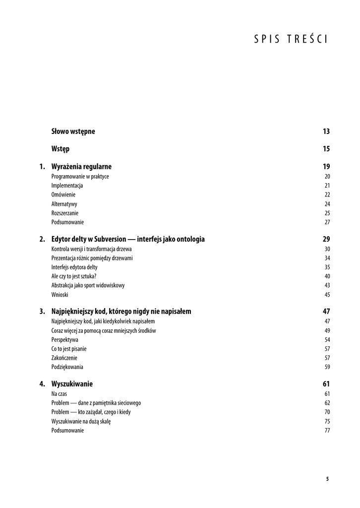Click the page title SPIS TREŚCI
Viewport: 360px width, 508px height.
click(291, 40)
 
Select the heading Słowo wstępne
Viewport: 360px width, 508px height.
click(73, 131)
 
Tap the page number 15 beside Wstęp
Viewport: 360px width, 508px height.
click(326, 149)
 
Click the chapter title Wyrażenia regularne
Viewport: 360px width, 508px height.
click(81, 167)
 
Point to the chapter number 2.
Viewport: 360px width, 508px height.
click(42, 239)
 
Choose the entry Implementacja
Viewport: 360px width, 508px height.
click(67, 186)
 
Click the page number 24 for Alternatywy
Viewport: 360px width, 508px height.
click(327, 204)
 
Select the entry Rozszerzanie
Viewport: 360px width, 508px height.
click(65, 213)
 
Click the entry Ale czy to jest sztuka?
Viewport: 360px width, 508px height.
click(74, 276)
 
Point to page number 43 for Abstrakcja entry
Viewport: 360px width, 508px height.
click(327, 285)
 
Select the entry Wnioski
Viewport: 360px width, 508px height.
click(60, 295)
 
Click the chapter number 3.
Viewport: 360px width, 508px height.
click(42, 312)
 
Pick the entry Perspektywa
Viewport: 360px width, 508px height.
click(64, 340)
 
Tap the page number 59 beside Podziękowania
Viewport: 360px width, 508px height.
click(327, 367)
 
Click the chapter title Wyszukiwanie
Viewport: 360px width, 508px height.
click(72, 384)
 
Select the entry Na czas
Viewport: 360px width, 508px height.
click(59, 394)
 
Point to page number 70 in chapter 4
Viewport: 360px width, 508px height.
click(327, 412)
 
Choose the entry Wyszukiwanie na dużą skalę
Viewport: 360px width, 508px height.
click(81, 421)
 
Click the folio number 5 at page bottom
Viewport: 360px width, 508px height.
click(327, 479)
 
